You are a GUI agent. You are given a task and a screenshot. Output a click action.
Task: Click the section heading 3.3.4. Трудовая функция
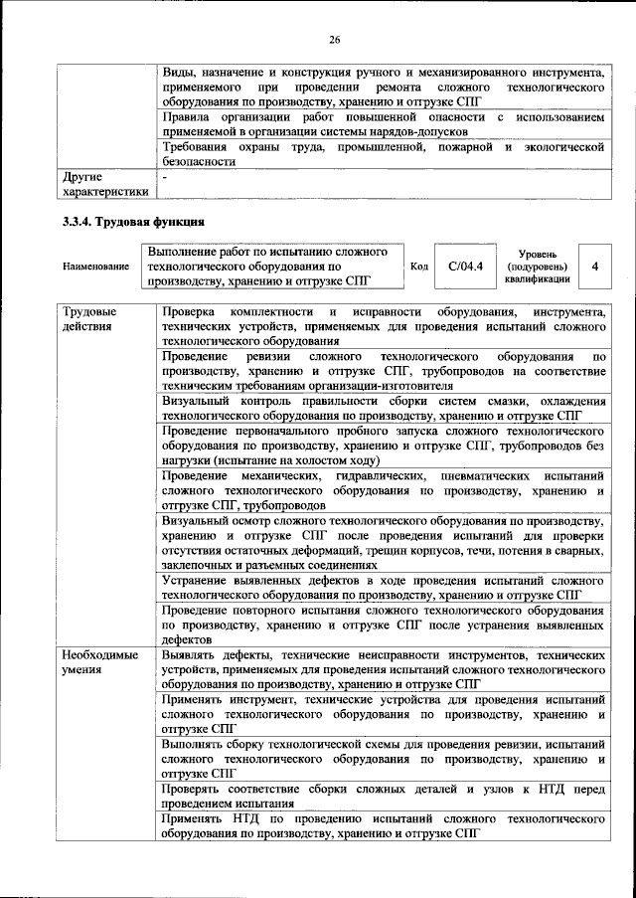point(133,221)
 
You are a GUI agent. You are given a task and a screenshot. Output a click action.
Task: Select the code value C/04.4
point(465,266)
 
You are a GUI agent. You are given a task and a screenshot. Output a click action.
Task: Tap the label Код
point(419,267)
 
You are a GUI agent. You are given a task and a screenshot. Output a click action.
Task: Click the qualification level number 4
point(594,267)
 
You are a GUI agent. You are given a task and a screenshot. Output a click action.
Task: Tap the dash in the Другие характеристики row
point(165,177)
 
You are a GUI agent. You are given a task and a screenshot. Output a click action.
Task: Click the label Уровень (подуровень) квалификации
point(538,266)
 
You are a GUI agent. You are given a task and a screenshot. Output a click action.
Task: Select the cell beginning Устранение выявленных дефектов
point(383,586)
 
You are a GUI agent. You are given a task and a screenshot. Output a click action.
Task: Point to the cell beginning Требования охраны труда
point(383,154)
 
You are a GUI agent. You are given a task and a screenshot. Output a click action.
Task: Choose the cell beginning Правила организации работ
point(383,124)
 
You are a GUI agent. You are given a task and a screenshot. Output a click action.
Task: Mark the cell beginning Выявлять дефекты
point(383,670)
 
